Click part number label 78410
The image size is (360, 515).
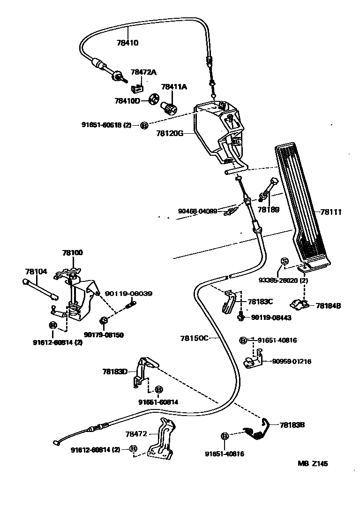pyautogui.click(x=127, y=43)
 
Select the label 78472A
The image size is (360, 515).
pyautogui.click(x=143, y=72)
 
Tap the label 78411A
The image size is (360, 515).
pyautogui.click(x=174, y=87)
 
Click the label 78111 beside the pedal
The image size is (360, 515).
pyautogui.click(x=331, y=212)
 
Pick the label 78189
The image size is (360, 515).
pyautogui.click(x=270, y=210)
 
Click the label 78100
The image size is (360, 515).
pyautogui.click(x=72, y=252)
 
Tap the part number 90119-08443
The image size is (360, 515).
pyautogui.click(x=271, y=318)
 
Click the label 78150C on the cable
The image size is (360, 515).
pyautogui.click(x=194, y=337)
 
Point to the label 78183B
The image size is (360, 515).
pyautogui.click(x=292, y=425)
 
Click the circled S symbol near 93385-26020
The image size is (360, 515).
pyautogui.click(x=284, y=261)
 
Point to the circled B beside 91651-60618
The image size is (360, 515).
pyautogui.click(x=144, y=125)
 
